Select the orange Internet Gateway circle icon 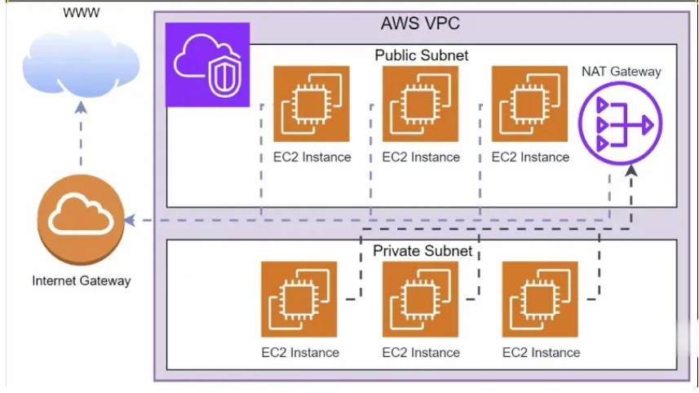pyautogui.click(x=79, y=220)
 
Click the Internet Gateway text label pyautogui.click(x=81, y=280)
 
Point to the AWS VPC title pyautogui.click(x=420, y=23)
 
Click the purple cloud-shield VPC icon pyautogui.click(x=207, y=65)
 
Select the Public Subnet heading pyautogui.click(x=422, y=55)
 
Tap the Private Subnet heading pyautogui.click(x=422, y=250)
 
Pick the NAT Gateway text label pyautogui.click(x=621, y=72)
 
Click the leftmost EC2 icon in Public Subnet pyautogui.click(x=311, y=104)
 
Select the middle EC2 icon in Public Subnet pyautogui.click(x=420, y=104)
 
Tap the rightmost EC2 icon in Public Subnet pyautogui.click(x=529, y=104)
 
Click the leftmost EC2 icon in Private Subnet pyautogui.click(x=299, y=299)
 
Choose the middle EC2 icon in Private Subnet pyautogui.click(x=420, y=299)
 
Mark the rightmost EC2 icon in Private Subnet pyautogui.click(x=540, y=299)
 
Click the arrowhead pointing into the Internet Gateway pyautogui.click(x=129, y=220)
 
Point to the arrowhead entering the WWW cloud pyautogui.click(x=80, y=107)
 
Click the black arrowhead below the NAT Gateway pyautogui.click(x=633, y=173)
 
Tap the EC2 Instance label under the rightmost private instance pyautogui.click(x=541, y=352)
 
